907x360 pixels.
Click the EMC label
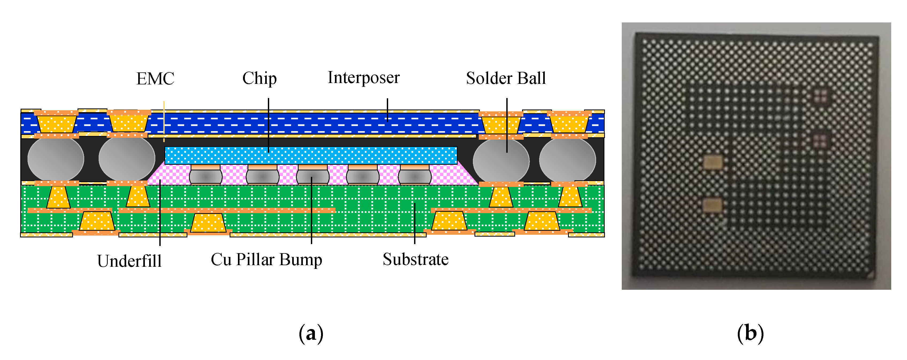click(155, 79)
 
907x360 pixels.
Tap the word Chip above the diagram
click(260, 78)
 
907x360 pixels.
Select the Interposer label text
click(363, 77)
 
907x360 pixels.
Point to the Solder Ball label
click(505, 78)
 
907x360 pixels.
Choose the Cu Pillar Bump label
click(266, 260)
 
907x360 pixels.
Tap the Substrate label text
click(415, 259)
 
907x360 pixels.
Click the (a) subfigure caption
click(311, 333)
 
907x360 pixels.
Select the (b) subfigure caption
click(750, 333)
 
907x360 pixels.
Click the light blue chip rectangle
click(311, 155)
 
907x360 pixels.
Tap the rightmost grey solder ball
click(567, 160)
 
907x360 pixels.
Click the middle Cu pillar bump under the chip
click(313, 175)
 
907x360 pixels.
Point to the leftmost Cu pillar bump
click(206, 175)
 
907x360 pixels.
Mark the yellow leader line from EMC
click(164, 122)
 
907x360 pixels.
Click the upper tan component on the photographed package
click(713, 162)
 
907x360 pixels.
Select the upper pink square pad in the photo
click(821, 94)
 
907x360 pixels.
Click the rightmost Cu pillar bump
click(415, 175)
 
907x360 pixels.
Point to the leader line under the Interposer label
click(387, 110)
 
